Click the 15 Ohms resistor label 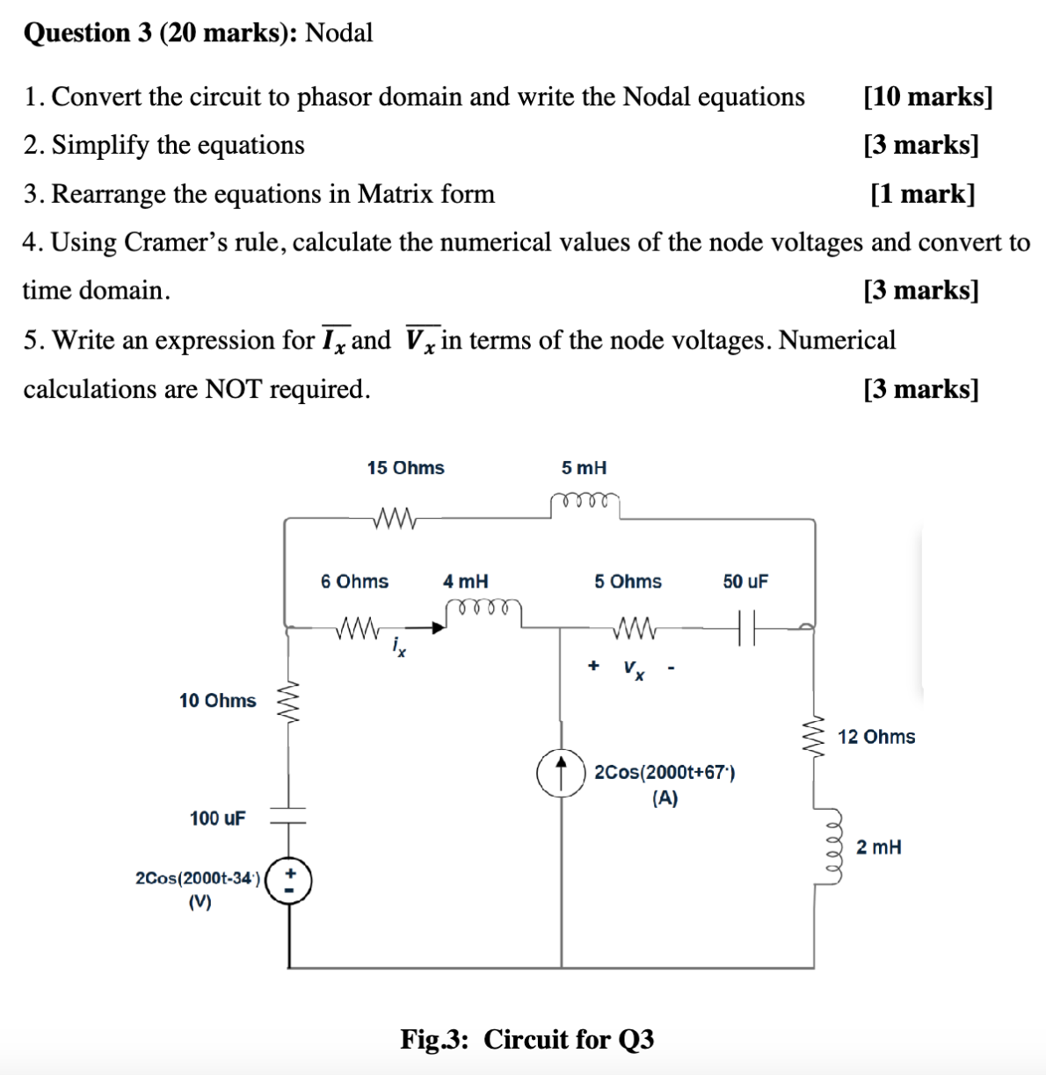coord(405,468)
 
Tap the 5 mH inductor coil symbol coord(585,502)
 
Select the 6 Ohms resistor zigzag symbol coord(357,628)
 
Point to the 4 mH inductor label coord(465,581)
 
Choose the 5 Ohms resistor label coord(628,581)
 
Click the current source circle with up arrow coord(561,773)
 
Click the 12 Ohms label coord(875,737)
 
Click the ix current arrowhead coord(436,627)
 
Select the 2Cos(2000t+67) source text coord(665,773)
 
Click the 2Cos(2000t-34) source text coord(198,878)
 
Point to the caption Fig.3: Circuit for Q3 coord(527,1039)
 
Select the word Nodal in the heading coord(338,33)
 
